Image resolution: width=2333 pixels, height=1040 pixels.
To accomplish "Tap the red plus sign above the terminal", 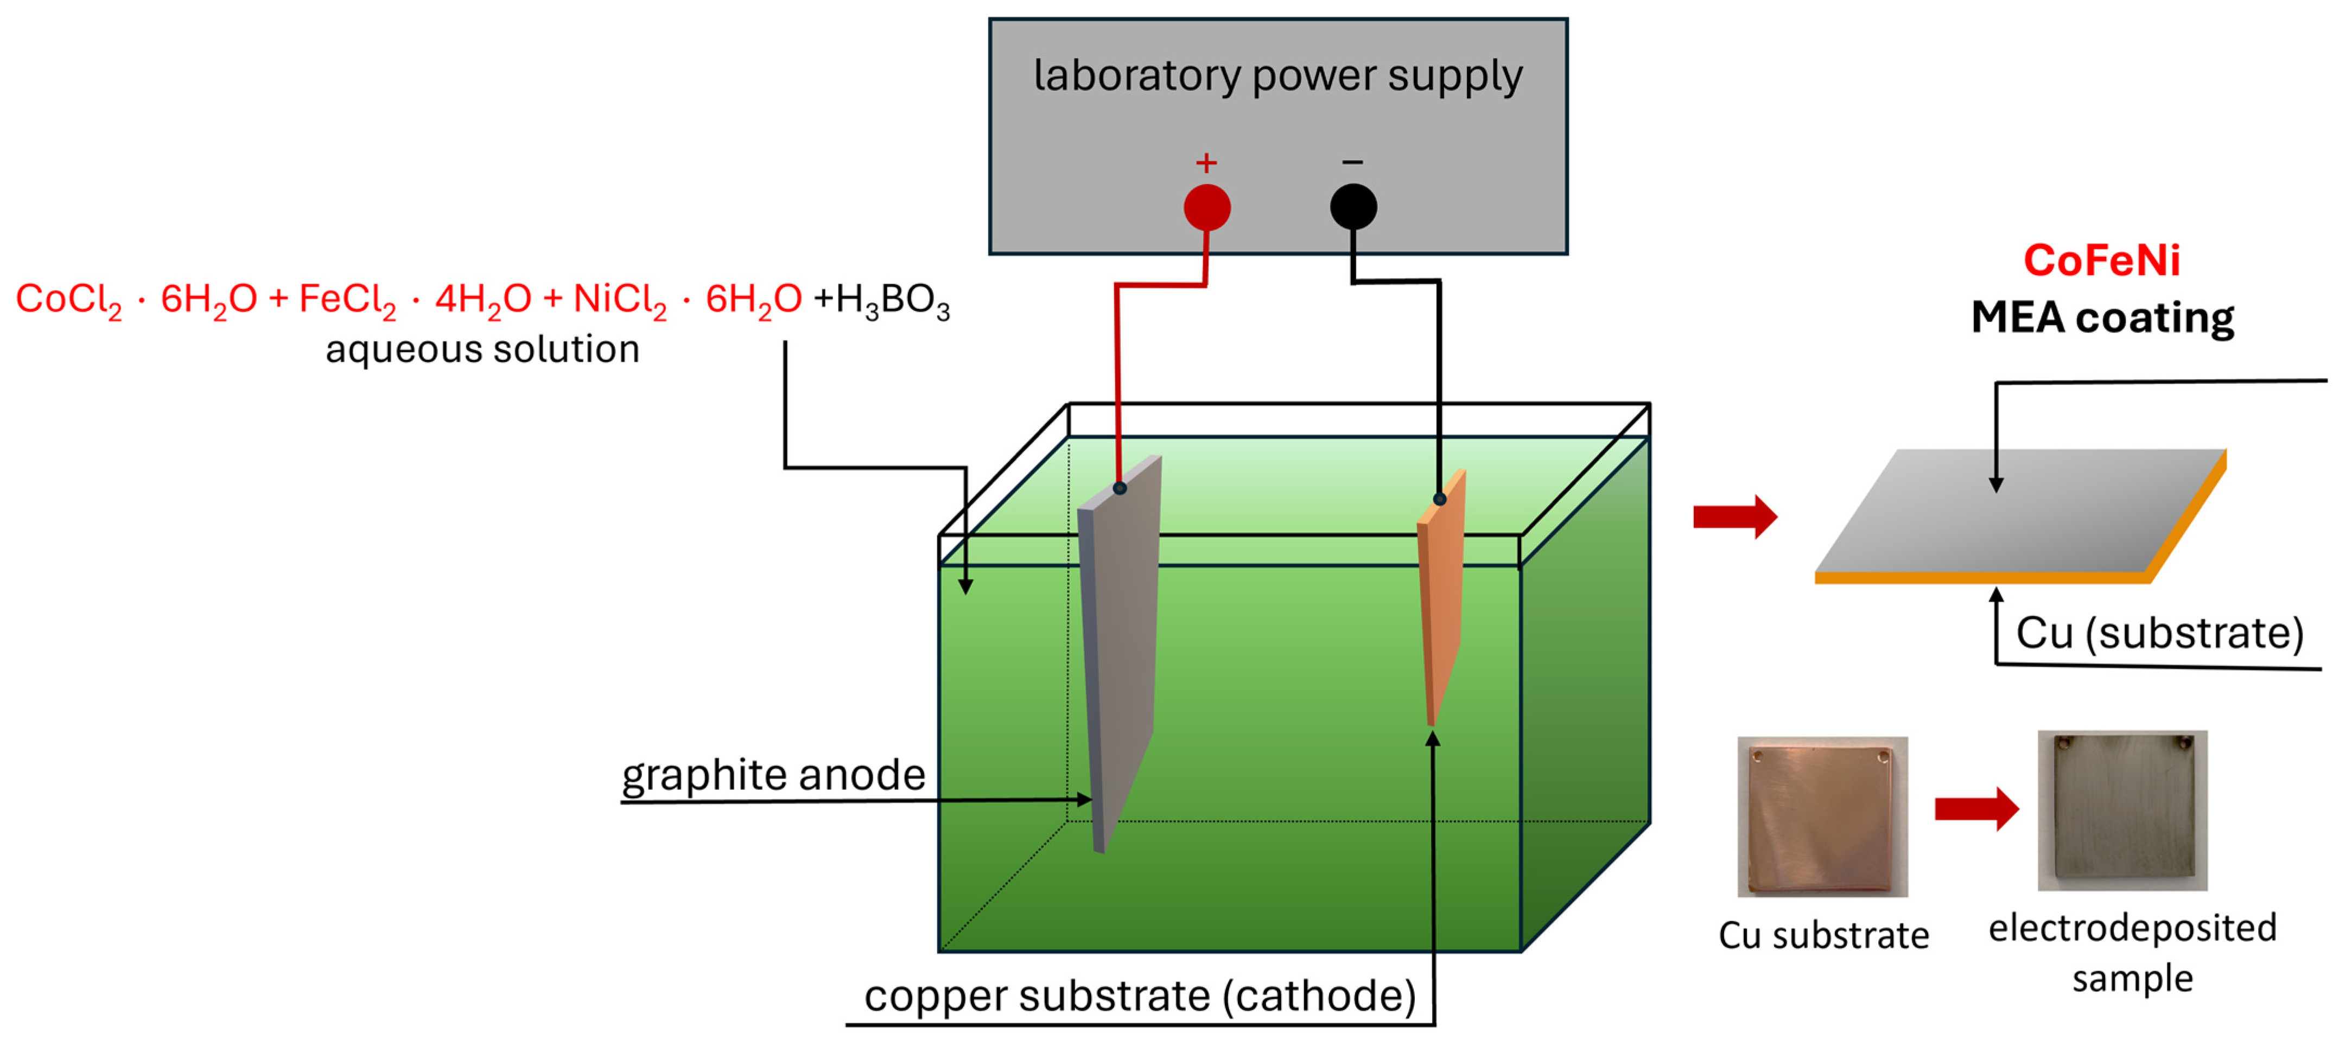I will [1205, 163].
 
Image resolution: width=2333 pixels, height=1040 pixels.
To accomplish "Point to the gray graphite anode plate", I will [1121, 634].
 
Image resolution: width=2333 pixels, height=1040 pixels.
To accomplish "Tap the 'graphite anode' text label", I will [773, 775].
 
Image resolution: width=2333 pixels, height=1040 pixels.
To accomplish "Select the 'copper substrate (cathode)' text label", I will [1139, 996].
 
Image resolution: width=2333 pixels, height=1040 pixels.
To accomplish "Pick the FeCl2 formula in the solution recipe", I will [347, 299].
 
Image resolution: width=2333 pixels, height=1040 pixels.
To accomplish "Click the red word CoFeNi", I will [2101, 261].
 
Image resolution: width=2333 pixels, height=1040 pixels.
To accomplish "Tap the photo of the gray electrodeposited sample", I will [2122, 810].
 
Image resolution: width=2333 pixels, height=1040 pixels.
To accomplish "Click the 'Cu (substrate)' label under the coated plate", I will [2159, 633].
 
